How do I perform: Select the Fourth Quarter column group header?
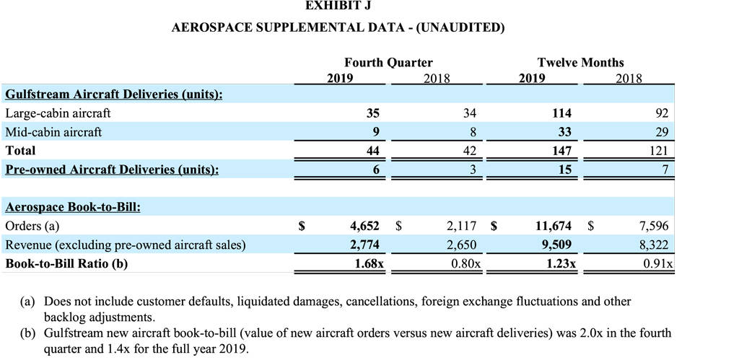pyautogui.click(x=388, y=63)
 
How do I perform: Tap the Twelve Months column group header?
pyautogui.click(x=580, y=63)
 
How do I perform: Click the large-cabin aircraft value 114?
pyautogui.click(x=561, y=113)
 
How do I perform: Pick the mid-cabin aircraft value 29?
pyautogui.click(x=662, y=133)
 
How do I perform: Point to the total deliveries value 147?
pyautogui.click(x=561, y=151)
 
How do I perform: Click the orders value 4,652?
pyautogui.click(x=364, y=227)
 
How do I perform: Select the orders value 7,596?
pyautogui.click(x=654, y=227)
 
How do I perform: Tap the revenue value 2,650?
pyautogui.click(x=461, y=245)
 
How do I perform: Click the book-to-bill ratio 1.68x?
pyautogui.click(x=368, y=264)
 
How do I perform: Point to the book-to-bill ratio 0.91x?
pyautogui.click(x=658, y=264)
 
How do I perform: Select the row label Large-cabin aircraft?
pyautogui.click(x=58, y=113)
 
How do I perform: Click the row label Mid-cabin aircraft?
pyautogui.click(x=53, y=133)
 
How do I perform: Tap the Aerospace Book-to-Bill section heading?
pyautogui.click(x=73, y=208)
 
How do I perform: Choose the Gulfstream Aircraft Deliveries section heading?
pyautogui.click(x=113, y=95)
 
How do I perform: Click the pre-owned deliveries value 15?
pyautogui.click(x=565, y=170)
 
